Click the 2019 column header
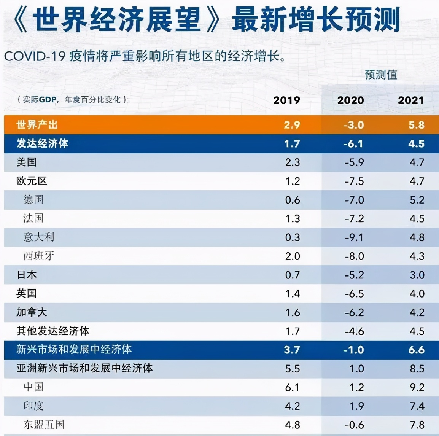point(286,100)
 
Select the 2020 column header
point(350,100)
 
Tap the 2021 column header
point(410,100)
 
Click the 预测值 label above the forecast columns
point(381,75)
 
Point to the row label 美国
point(27,162)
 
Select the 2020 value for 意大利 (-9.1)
point(354,237)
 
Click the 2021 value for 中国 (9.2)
point(417,387)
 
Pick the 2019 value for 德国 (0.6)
point(293,200)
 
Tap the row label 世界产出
point(37,125)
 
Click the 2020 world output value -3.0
point(353,125)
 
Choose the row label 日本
point(27,275)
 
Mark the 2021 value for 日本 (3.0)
point(417,275)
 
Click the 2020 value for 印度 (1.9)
point(356,406)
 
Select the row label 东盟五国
point(44,425)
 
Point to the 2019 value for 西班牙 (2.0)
point(293,256)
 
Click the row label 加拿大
point(32,312)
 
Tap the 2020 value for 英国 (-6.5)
point(354,294)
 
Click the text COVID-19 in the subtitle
point(34,56)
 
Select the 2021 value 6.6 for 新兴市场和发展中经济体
point(416,350)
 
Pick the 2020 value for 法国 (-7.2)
point(354,219)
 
